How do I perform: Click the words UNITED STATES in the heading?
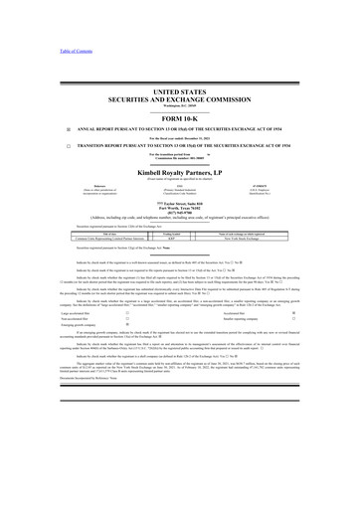180,90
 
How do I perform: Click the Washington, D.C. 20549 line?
180,104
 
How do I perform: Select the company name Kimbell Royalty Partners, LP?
180,171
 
